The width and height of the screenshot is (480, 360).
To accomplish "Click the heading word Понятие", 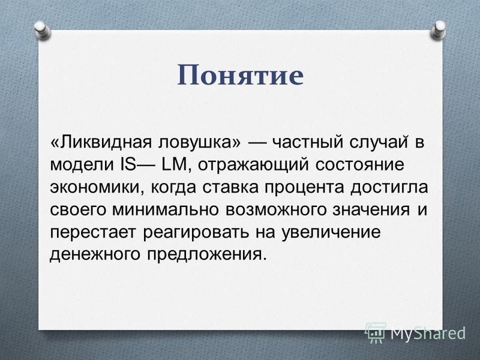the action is (241, 76).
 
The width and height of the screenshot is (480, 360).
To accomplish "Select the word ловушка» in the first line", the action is (200, 143).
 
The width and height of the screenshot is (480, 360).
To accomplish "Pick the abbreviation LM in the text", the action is (174, 165).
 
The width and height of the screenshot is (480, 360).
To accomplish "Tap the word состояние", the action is (359, 165).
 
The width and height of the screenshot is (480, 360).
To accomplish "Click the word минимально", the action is (166, 209).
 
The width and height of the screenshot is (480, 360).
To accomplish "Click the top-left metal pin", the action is (42, 31).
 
